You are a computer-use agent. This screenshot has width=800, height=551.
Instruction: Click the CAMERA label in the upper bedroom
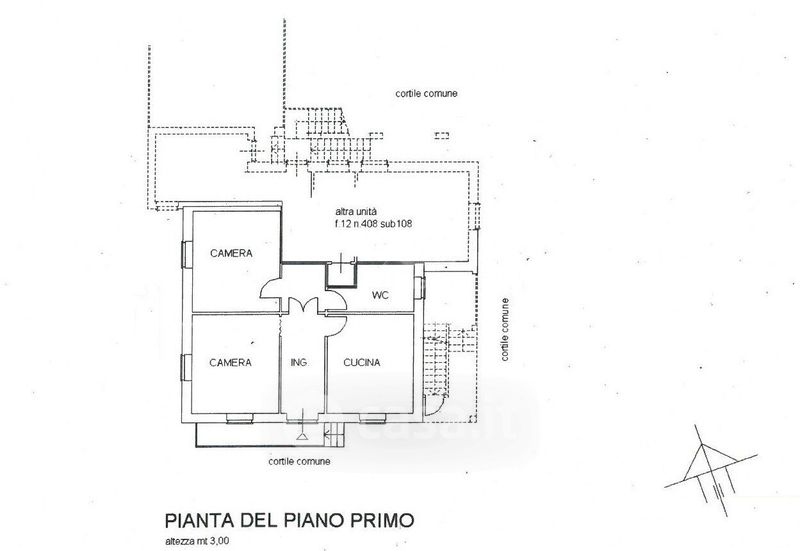(231, 253)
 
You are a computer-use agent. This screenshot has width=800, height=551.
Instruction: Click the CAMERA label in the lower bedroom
(231, 362)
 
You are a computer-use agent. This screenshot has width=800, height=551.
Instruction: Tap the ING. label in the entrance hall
(299, 362)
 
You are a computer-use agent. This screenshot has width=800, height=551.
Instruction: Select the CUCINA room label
(362, 362)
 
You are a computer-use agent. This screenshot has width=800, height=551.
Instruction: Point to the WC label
(380, 295)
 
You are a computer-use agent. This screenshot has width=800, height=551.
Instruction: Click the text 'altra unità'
(356, 211)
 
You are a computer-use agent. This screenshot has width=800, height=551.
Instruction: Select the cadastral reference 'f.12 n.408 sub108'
(373, 223)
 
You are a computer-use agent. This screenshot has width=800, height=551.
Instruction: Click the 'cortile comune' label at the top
(426, 93)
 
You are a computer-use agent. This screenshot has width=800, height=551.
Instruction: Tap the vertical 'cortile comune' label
(505, 330)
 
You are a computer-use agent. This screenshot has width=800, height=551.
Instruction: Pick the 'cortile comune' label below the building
(299, 461)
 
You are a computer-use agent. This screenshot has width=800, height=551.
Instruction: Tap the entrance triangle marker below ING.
(302, 436)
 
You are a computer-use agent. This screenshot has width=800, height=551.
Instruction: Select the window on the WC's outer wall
(421, 287)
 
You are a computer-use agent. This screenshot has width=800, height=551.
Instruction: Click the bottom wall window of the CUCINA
(371, 419)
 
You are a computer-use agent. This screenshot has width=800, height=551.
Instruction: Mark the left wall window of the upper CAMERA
(186, 254)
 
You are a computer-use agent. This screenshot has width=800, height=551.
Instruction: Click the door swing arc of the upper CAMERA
(269, 288)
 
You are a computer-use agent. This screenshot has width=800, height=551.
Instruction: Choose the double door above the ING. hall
(304, 306)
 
